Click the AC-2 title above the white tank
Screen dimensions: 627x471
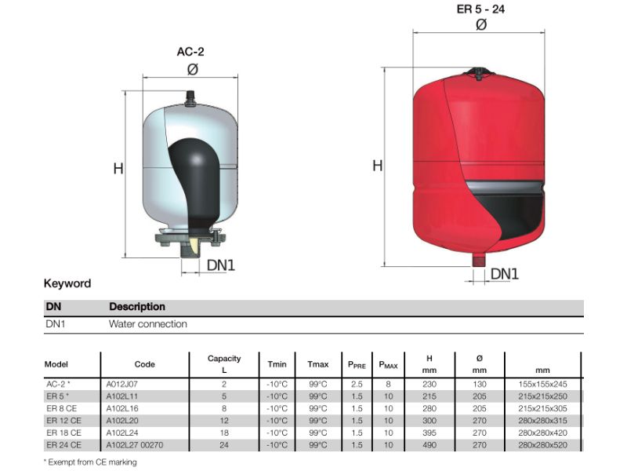tap(190, 52)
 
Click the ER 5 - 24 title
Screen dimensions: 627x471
tap(480, 9)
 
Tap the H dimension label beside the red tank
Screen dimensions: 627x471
tap(377, 166)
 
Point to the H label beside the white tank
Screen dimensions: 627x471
tap(118, 169)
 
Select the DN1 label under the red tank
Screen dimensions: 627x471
tap(504, 274)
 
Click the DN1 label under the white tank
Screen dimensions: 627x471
tap(221, 265)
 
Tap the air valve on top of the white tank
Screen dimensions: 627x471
tap(190, 98)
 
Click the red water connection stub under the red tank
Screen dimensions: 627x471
tap(479, 261)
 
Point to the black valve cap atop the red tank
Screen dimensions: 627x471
tap(479, 72)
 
